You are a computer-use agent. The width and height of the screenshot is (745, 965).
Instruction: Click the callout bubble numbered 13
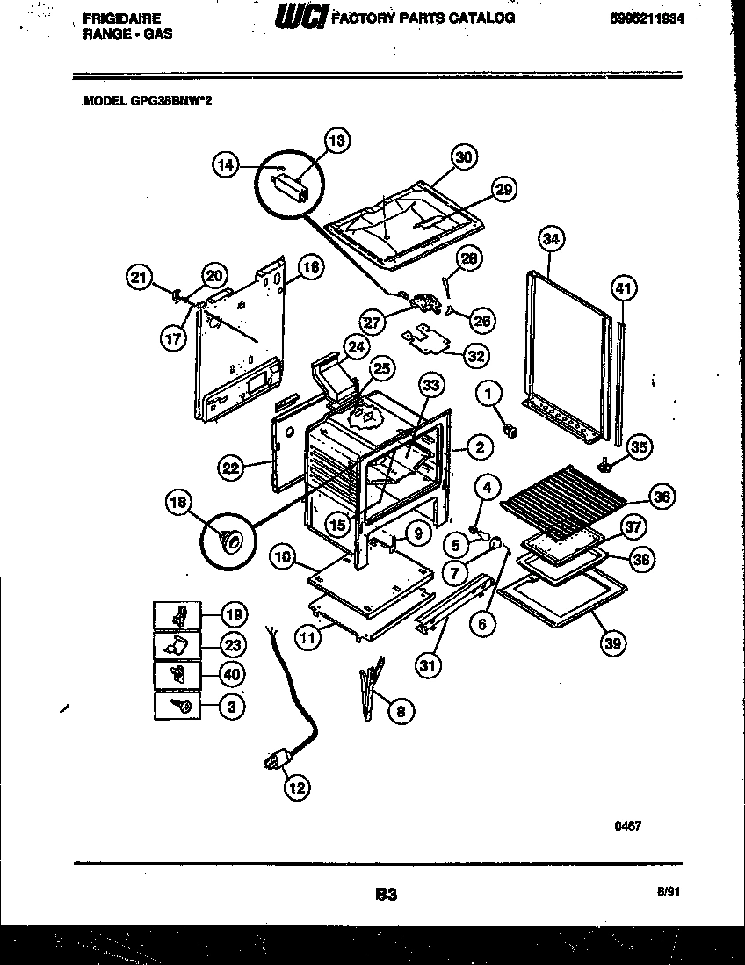(337, 140)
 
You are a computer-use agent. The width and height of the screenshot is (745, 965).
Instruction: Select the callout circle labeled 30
(463, 158)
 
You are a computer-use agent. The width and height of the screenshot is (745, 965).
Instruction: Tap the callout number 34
(550, 238)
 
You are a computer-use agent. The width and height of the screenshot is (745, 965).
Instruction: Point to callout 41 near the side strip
(622, 288)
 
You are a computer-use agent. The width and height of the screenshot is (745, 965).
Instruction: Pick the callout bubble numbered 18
(178, 503)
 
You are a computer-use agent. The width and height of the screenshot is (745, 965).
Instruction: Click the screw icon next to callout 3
(177, 705)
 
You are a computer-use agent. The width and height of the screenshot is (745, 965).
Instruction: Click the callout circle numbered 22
(230, 468)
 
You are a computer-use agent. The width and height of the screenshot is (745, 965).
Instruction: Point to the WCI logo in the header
(299, 17)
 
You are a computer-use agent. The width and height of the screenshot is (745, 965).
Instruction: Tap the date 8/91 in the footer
(668, 891)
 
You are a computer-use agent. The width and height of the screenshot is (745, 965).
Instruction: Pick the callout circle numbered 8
(401, 712)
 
